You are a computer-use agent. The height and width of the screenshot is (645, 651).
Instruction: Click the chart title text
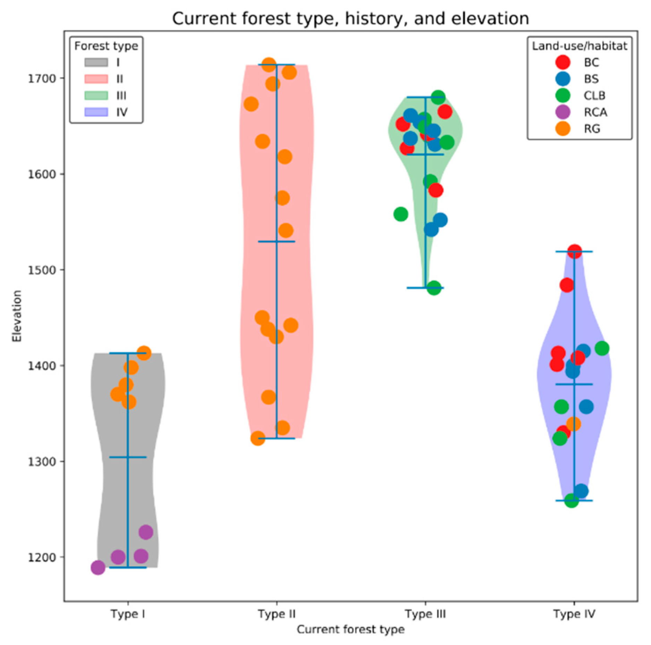350,18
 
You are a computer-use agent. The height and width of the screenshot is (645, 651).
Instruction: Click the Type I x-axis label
128,614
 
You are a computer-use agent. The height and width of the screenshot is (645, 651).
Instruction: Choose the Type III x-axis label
425,614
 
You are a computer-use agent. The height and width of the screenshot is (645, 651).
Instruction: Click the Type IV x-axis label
574,614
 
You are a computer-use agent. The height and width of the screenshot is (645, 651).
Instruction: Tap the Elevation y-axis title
17,316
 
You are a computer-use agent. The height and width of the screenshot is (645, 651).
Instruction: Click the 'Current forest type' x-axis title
350,629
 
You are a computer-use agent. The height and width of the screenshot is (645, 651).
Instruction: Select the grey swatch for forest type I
96,62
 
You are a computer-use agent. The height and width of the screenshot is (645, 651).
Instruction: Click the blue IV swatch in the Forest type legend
96,112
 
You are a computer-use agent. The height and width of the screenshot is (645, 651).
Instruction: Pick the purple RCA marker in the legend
563,112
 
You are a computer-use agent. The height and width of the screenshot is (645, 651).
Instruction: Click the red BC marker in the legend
563,62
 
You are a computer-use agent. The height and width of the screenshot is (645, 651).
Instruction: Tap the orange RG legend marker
563,129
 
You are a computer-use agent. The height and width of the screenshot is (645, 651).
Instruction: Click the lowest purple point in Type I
98,568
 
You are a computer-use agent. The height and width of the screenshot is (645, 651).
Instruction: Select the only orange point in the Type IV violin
573,424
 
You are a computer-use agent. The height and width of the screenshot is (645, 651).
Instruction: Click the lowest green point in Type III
434,288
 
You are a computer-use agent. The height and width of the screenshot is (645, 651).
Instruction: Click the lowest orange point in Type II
257,438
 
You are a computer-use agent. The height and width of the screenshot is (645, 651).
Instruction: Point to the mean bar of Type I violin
128,457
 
